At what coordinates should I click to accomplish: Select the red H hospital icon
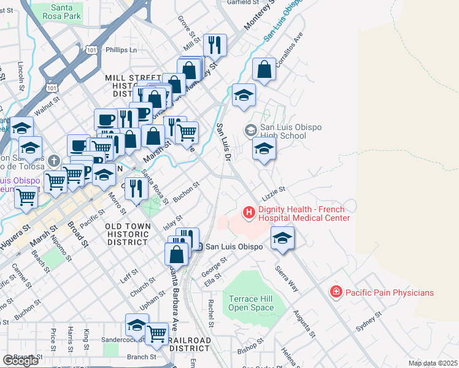tap(249, 213)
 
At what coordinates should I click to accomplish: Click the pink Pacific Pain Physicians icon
tap(336, 292)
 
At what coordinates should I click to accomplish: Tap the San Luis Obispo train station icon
tap(199, 247)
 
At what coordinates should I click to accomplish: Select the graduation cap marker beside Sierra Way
tap(282, 238)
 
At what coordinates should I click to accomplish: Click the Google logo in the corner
tap(20, 361)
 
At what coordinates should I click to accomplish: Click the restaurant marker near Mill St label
tap(215, 45)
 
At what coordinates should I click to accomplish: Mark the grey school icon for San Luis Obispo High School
tap(250, 130)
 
